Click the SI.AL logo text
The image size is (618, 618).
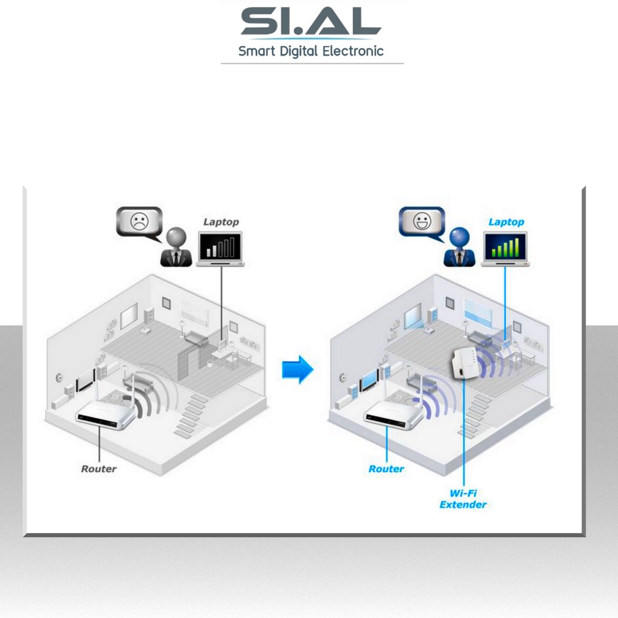coord(311,22)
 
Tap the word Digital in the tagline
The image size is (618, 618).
coord(298,51)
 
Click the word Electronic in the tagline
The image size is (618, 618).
coord(353,51)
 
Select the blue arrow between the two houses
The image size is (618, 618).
coord(298,369)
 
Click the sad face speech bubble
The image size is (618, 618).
coord(139,222)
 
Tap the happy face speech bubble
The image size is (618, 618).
coord(422,222)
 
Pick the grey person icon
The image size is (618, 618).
coord(176,248)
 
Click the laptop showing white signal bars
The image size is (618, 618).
coord(220,249)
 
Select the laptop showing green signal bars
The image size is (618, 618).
coord(505,249)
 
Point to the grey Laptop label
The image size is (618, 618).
coord(221,222)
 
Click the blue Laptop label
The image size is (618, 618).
coord(506,222)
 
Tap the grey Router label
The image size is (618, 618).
coord(98,469)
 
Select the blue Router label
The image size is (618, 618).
coord(386,469)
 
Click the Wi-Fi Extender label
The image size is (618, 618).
coord(462,499)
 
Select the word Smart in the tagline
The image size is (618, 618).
coord(256,51)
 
